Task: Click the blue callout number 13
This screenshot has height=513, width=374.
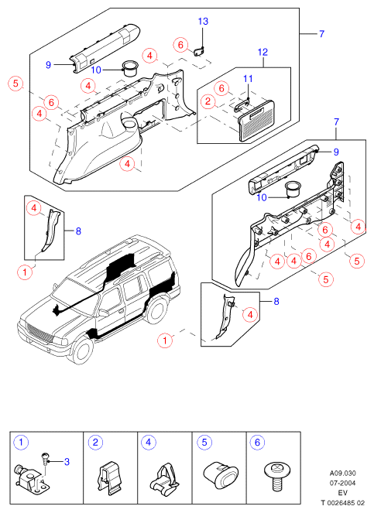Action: pyautogui.click(x=203, y=21)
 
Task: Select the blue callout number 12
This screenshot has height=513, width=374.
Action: pyautogui.click(x=262, y=52)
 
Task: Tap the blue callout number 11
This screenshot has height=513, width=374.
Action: pyautogui.click(x=248, y=78)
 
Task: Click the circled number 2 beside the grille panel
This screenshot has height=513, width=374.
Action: pyautogui.click(x=208, y=101)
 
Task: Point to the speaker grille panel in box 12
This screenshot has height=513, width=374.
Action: pyautogui.click(x=258, y=121)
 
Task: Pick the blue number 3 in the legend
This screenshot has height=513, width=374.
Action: pyautogui.click(x=67, y=462)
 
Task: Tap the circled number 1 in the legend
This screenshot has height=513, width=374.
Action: pyautogui.click(x=21, y=443)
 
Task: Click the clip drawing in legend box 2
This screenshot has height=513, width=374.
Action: pyautogui.click(x=108, y=478)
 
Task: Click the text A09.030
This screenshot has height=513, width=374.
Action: pyautogui.click(x=342, y=473)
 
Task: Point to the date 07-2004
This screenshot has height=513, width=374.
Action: pyautogui.click(x=342, y=483)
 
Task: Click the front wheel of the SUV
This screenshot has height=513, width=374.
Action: pyautogui.click(x=82, y=351)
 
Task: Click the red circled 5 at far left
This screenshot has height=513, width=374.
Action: pyautogui.click(x=15, y=84)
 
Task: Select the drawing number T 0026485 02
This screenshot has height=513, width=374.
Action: pyautogui.click(x=343, y=503)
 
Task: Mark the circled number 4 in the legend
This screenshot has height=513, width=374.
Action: pyautogui.click(x=149, y=443)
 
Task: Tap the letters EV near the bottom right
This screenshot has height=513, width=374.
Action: pyautogui.click(x=342, y=493)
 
